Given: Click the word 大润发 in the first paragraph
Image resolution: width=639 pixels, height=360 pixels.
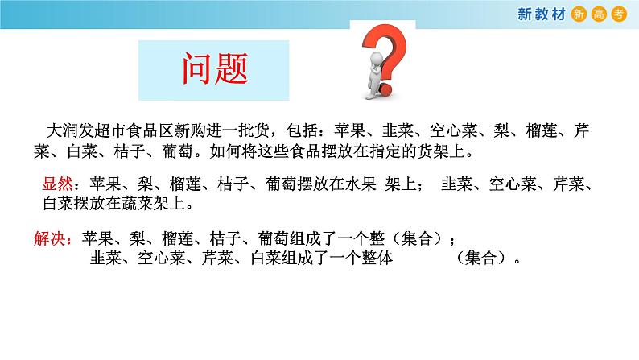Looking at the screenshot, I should pyautogui.click(x=68, y=130).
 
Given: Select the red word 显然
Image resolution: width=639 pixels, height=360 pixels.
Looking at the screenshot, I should pyautogui.click(x=56, y=184).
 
